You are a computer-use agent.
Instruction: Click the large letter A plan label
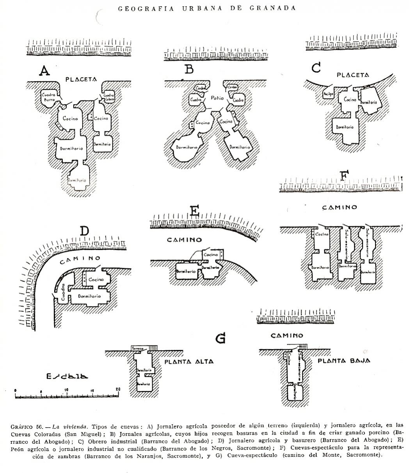pos(45,71)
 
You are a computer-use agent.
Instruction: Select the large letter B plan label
pos(189,70)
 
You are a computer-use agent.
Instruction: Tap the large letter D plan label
pos(85,231)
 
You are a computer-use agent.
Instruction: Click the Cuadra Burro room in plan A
pos(50,97)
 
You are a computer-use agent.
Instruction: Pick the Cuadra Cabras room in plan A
pos(109,97)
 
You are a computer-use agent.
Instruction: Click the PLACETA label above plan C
pos(353,75)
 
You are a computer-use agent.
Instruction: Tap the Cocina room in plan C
pos(350,100)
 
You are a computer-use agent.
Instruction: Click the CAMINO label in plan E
pos(184,240)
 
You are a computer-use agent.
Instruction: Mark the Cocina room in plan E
pos(211,254)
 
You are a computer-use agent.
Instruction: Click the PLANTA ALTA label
pos(189,362)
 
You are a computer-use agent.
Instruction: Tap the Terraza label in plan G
pos(138,348)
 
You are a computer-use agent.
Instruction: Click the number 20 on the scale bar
pos(117,389)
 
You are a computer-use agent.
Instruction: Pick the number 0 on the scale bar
pos(15,390)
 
